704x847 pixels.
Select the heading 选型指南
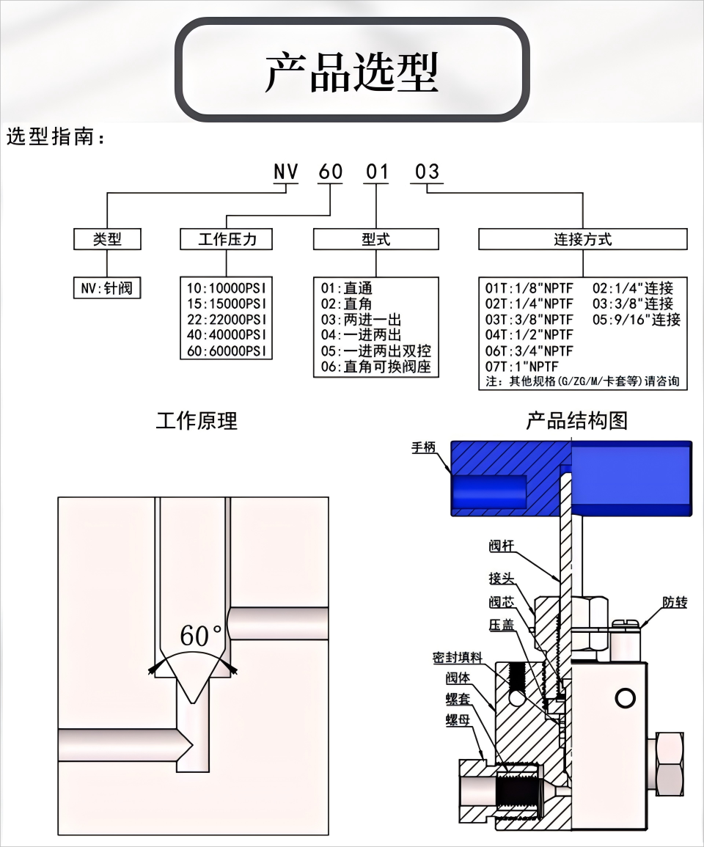[55, 136]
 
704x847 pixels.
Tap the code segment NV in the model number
[286, 172]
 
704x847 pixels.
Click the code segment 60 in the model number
[330, 172]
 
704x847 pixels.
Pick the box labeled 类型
[107, 239]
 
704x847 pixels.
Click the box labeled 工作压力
[227, 239]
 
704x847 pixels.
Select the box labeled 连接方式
[583, 239]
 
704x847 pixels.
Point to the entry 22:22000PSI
[227, 319]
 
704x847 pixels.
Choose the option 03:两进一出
[361, 319]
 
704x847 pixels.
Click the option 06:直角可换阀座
[375, 367]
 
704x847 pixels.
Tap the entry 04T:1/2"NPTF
[529, 335]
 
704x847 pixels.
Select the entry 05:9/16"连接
[637, 319]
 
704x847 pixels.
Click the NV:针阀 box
[107, 288]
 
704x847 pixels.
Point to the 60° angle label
[201, 636]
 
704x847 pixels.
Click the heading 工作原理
[197, 421]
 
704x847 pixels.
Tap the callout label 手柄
[424, 447]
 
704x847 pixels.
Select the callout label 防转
[675, 602]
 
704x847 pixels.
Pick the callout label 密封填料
[457, 657]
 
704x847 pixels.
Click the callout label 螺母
[458, 720]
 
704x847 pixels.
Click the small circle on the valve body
[625, 698]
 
